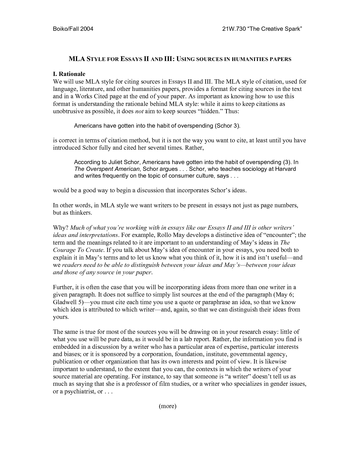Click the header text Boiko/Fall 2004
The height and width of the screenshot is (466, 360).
tap(73, 29)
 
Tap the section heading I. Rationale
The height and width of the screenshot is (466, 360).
tap(69, 74)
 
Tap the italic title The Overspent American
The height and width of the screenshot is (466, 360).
tap(107, 169)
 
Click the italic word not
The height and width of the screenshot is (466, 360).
tap(139, 111)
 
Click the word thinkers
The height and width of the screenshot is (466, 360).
tap(81, 213)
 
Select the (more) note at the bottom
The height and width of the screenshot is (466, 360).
tap(167, 406)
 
